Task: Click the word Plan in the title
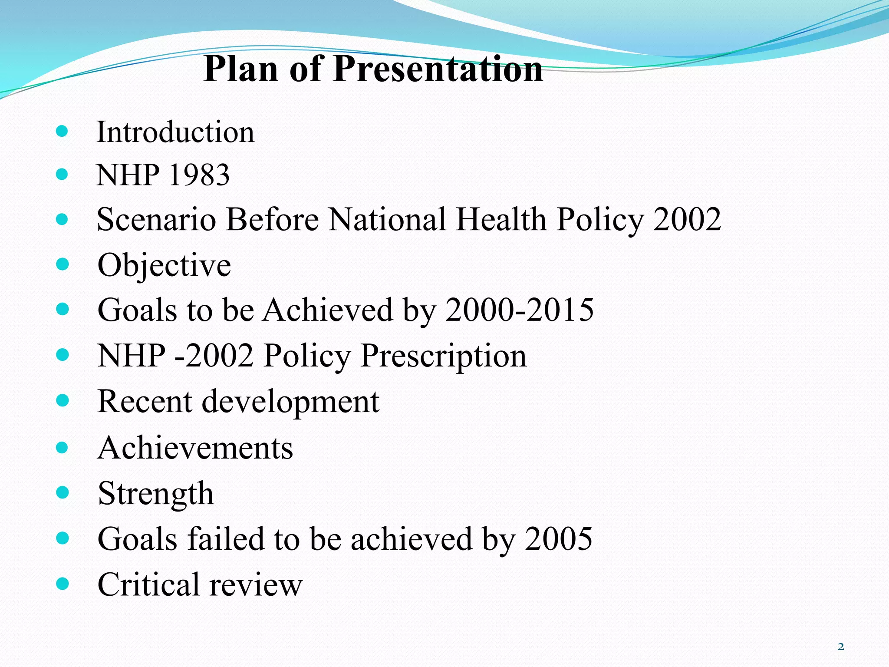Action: pyautogui.click(x=240, y=69)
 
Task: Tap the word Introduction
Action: pyautogui.click(x=175, y=132)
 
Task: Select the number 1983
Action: pyautogui.click(x=199, y=175)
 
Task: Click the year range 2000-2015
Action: pyautogui.click(x=519, y=310)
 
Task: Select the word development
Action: pyautogui.click(x=290, y=402)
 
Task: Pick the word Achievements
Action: pyautogui.click(x=195, y=448)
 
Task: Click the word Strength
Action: pyautogui.click(x=156, y=494)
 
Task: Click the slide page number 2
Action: pyautogui.click(x=841, y=647)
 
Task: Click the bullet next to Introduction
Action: pyautogui.click(x=63, y=131)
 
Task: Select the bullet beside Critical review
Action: pyautogui.click(x=63, y=584)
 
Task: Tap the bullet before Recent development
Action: pyautogui.click(x=63, y=400)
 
